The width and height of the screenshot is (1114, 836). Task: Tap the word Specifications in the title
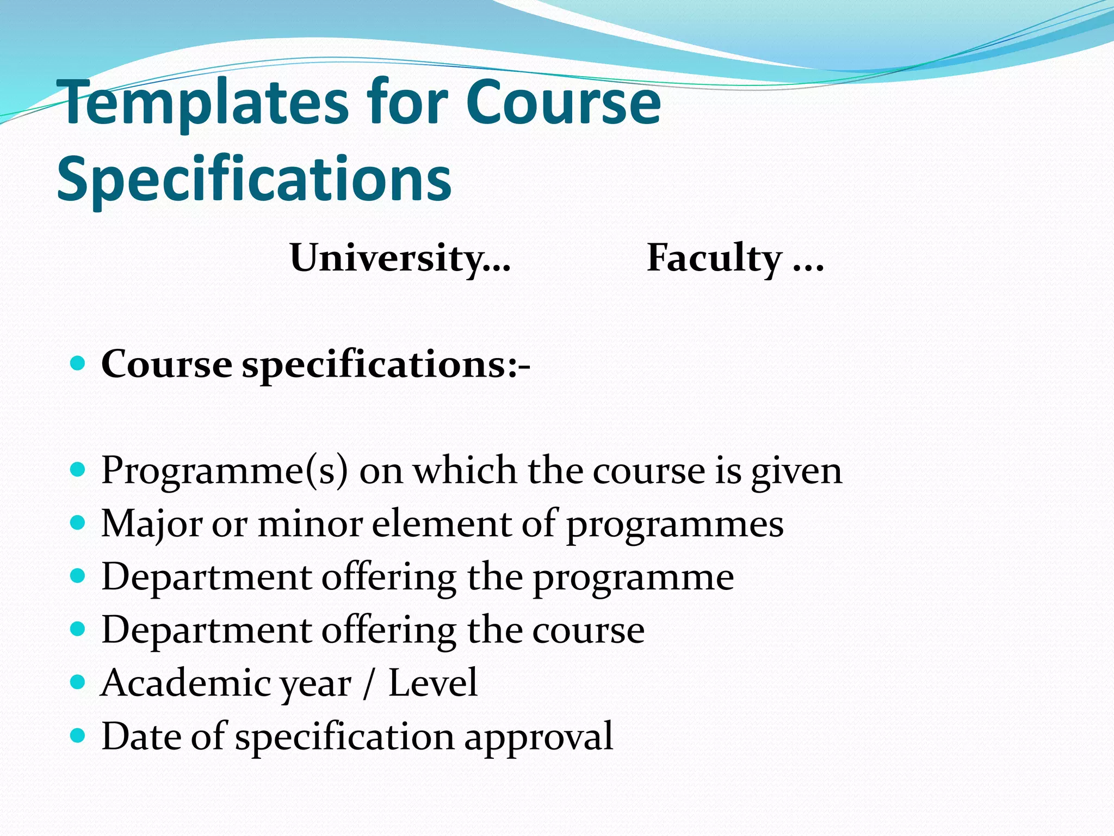click(x=254, y=179)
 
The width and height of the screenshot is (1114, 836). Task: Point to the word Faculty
click(x=714, y=257)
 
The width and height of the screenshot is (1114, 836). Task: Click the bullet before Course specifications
click(x=78, y=363)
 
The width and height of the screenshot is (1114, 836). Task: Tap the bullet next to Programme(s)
click(x=78, y=469)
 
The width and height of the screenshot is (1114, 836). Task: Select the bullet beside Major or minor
click(x=78, y=522)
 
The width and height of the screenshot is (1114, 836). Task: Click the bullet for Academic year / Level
click(x=78, y=682)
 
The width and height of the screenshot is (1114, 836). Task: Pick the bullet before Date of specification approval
click(x=78, y=735)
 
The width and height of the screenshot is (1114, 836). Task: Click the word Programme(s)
click(x=224, y=470)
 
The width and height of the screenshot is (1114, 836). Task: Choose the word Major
click(x=151, y=524)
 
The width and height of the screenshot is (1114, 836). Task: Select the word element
click(x=441, y=523)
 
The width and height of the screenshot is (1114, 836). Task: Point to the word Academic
click(x=184, y=683)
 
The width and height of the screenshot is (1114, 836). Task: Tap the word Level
click(x=432, y=683)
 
